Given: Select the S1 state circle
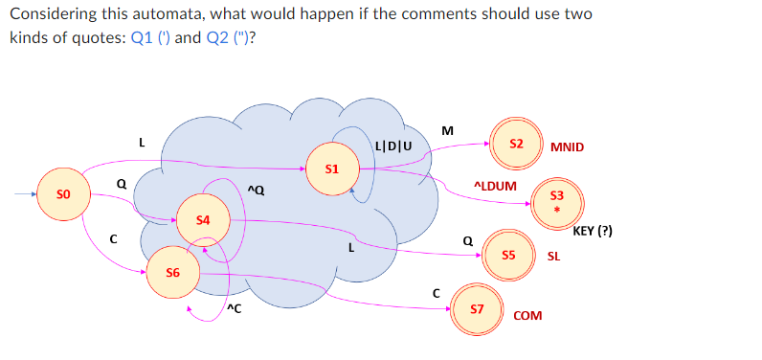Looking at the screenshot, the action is [331, 169].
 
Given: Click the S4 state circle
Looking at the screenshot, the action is [202, 220].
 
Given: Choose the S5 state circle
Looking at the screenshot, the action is [508, 256].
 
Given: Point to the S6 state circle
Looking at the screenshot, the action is [173, 273].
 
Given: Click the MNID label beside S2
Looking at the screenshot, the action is [568, 147].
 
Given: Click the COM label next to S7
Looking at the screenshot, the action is [527, 315].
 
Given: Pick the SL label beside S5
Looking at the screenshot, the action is [553, 257].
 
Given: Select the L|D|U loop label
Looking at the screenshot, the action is [394, 146].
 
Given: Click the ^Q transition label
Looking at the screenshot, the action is [256, 191].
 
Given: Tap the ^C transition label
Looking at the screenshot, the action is [234, 307].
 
